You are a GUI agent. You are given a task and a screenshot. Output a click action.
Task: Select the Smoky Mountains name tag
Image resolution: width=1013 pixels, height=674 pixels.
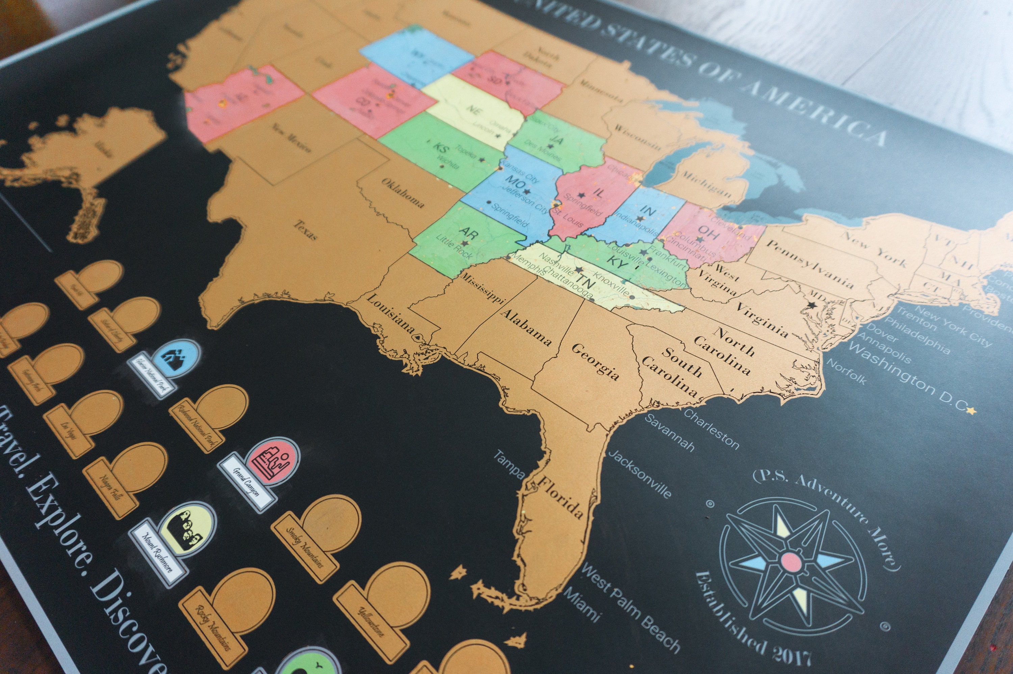(x=305, y=547)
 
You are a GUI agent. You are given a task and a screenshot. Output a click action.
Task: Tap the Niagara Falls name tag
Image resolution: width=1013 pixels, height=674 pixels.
(x=111, y=487)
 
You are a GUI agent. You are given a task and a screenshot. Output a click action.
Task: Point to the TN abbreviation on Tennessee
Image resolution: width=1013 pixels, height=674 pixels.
(x=584, y=281)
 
